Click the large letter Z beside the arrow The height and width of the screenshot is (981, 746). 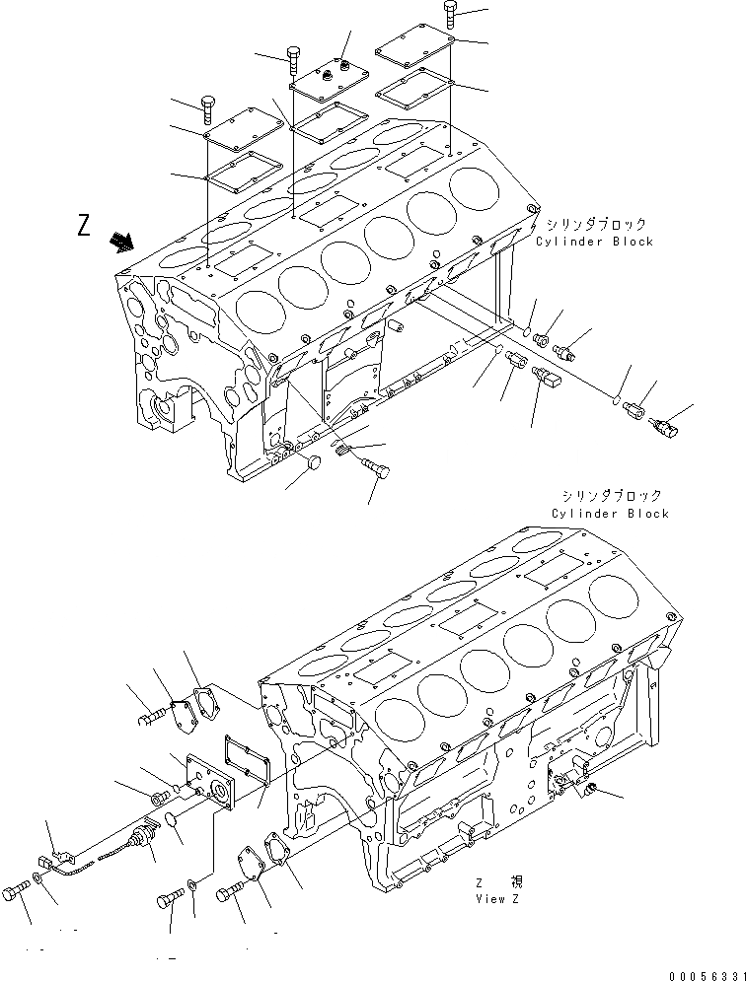click(86, 226)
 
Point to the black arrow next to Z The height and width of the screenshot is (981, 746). click(123, 241)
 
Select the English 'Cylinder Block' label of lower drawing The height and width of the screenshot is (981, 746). click(610, 513)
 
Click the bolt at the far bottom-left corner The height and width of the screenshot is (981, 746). click(13, 892)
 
